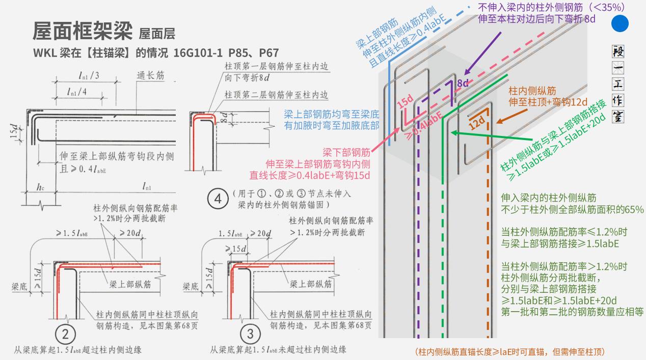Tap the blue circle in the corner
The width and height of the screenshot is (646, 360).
(620, 24)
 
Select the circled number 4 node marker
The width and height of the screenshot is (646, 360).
(218, 199)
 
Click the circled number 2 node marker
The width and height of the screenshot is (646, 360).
(65, 334)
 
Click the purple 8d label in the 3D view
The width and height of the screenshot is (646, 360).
(463, 83)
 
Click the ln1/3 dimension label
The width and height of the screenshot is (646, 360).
(89, 75)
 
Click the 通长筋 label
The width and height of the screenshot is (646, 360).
(150, 75)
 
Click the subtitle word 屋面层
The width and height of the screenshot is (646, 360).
(156, 34)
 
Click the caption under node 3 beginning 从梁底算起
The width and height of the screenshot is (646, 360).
(278, 350)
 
